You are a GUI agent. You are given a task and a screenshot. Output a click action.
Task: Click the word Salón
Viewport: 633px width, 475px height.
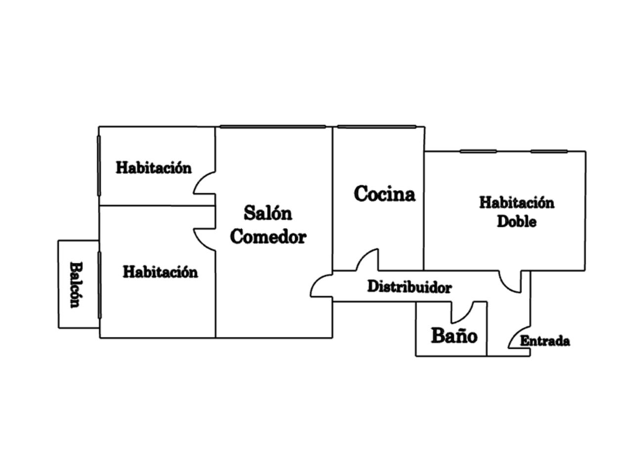click(x=268, y=213)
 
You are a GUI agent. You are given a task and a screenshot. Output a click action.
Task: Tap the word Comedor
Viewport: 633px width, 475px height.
click(x=268, y=237)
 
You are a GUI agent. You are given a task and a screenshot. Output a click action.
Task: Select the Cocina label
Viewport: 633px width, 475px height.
click(x=384, y=193)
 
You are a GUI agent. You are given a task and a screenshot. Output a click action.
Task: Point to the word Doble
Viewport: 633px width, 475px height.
click(x=516, y=221)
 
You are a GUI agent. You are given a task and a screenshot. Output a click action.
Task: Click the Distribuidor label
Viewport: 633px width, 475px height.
click(x=409, y=287)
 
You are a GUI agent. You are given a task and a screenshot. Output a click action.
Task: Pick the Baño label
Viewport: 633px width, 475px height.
click(x=454, y=335)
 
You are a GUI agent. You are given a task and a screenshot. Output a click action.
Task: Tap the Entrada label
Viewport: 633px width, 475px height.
click(x=544, y=341)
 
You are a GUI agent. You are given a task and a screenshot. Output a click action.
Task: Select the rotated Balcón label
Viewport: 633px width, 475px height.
click(x=75, y=285)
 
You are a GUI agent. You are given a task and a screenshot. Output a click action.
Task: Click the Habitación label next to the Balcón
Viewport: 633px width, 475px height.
click(x=160, y=272)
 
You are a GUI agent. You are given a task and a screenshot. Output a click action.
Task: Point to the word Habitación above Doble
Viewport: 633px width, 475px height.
click(x=516, y=202)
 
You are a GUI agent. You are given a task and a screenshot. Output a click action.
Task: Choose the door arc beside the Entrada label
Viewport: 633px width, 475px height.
click(x=517, y=337)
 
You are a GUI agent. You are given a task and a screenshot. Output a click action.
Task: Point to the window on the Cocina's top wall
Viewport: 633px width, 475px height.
click(x=377, y=127)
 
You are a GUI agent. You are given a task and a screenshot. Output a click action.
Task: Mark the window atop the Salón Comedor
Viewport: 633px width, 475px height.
click(x=273, y=127)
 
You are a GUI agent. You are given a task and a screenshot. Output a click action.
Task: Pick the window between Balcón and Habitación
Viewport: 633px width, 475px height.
click(x=99, y=285)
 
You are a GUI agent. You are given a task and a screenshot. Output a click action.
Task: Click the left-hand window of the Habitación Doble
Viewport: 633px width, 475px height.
click(x=478, y=151)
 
